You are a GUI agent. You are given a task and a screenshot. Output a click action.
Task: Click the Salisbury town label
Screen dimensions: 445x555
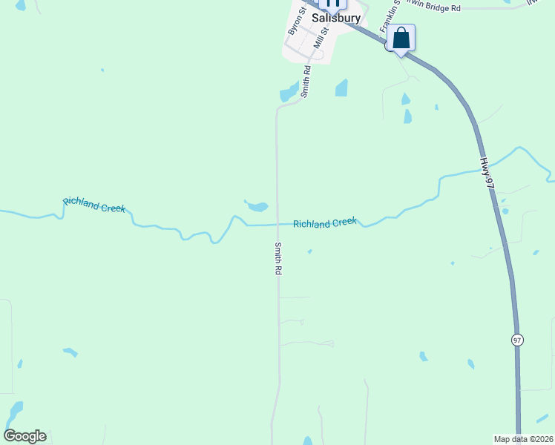pyautogui.click(x=336, y=18)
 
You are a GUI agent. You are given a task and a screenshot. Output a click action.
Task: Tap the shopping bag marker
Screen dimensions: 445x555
pyautogui.click(x=401, y=38)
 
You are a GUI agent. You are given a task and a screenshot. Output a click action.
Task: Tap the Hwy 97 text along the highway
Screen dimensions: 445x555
pyautogui.click(x=486, y=172)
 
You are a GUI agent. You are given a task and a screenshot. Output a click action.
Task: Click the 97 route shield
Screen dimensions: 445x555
pyautogui.click(x=517, y=339)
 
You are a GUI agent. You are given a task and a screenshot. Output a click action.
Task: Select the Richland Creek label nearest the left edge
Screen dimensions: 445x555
pyautogui.click(x=94, y=205)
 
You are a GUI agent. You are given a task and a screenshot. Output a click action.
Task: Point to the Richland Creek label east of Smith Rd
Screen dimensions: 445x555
pyautogui.click(x=325, y=222)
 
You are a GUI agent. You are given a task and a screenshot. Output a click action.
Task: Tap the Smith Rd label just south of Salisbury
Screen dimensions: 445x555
pyautogui.click(x=305, y=82)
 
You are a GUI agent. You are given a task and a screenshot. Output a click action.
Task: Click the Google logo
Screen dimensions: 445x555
pyautogui.click(x=24, y=436)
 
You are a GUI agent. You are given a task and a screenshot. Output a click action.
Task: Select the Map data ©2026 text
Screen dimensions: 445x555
pyautogui.click(x=523, y=439)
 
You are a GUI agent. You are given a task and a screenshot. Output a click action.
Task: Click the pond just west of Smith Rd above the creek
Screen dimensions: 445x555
pyautogui.click(x=257, y=206)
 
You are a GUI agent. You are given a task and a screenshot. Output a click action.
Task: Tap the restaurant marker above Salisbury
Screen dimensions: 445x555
pyautogui.click(x=332, y=3)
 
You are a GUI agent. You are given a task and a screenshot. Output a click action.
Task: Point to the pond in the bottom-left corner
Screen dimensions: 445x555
pyautogui.click(x=15, y=411)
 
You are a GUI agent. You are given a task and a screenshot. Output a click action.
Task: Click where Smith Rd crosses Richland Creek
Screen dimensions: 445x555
pyautogui.click(x=278, y=224)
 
